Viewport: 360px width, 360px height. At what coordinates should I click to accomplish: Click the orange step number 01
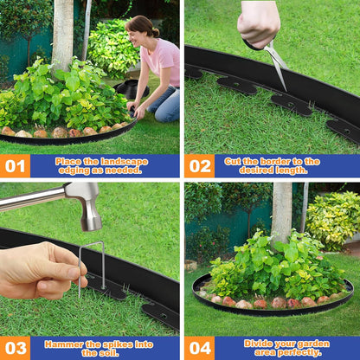click(x=15, y=165)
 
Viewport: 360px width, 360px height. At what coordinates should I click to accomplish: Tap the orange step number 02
click(x=199, y=165)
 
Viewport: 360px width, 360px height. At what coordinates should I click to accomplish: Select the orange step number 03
click(x=15, y=348)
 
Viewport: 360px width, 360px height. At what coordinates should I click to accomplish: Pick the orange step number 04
click(x=199, y=348)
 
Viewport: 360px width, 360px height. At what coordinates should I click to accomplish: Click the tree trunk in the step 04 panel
click(x=281, y=212)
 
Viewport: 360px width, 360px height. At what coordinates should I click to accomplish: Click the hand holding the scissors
click(x=259, y=22)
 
